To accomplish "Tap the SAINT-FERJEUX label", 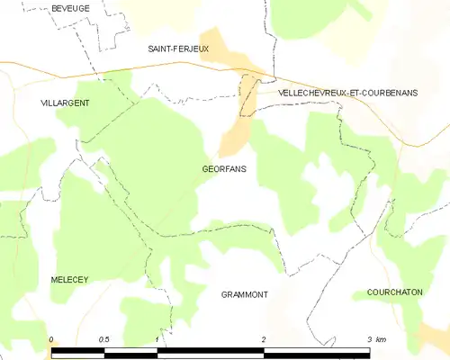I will [178, 49].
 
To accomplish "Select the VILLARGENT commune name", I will [65, 103].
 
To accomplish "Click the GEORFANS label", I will [225, 168].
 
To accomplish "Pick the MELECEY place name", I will [69, 280].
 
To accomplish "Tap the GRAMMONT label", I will [245, 294].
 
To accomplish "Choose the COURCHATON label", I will [394, 292].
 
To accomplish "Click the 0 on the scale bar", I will [51, 339].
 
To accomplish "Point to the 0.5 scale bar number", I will [104, 339].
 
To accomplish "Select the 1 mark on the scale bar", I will [157, 339].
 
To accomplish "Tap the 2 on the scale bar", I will [263, 339].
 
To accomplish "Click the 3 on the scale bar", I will [369, 339].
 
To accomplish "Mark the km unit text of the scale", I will [381, 339].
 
